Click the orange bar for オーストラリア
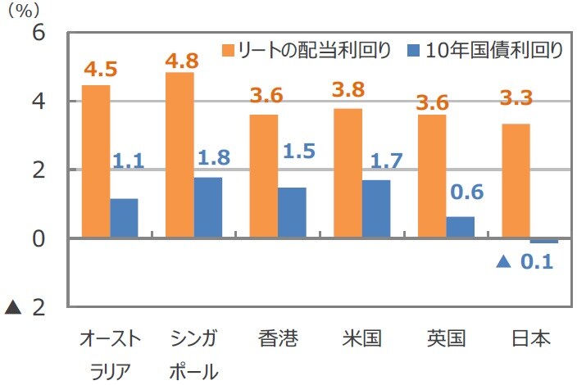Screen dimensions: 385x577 coord(96,161)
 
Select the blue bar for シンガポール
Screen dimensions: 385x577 coord(207,207)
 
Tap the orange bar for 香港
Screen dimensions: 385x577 coord(263,176)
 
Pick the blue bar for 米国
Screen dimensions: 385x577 coord(375,209)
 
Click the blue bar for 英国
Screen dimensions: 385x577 coord(460,227)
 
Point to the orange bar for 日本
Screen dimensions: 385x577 coord(516,181)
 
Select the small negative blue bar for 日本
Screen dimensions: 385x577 coord(543,241)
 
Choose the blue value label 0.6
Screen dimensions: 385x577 coord(468,192)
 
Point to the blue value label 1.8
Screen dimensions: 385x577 coord(211,156)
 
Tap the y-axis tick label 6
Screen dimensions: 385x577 coord(39,34)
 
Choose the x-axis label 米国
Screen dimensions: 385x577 coord(361,338)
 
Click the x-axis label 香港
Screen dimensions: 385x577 coord(276,338)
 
